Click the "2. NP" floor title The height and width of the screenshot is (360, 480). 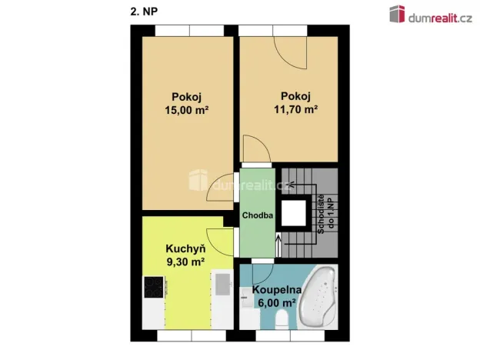[144, 12]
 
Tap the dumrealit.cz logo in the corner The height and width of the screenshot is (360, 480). [431, 15]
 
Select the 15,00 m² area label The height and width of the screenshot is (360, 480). [187, 110]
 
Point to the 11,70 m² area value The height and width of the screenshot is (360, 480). [295, 109]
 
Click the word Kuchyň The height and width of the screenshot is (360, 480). [185, 248]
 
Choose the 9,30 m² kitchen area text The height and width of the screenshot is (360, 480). [185, 262]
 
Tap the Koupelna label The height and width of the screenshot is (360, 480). [277, 290]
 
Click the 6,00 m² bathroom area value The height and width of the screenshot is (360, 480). [277, 303]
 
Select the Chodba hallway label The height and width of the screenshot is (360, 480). [258, 215]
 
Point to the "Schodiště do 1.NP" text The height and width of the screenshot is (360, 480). [325, 215]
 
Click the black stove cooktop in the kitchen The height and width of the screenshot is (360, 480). [154, 287]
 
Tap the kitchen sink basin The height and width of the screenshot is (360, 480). [222, 285]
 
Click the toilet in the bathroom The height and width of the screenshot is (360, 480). [282, 319]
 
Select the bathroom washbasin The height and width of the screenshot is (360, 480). [245, 298]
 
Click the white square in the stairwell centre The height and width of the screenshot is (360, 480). [294, 213]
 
